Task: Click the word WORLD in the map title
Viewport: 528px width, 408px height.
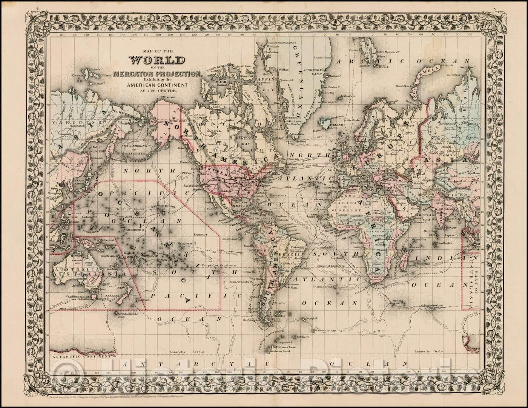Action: pos(157,60)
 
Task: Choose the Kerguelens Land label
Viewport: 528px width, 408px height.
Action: pos(436,305)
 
